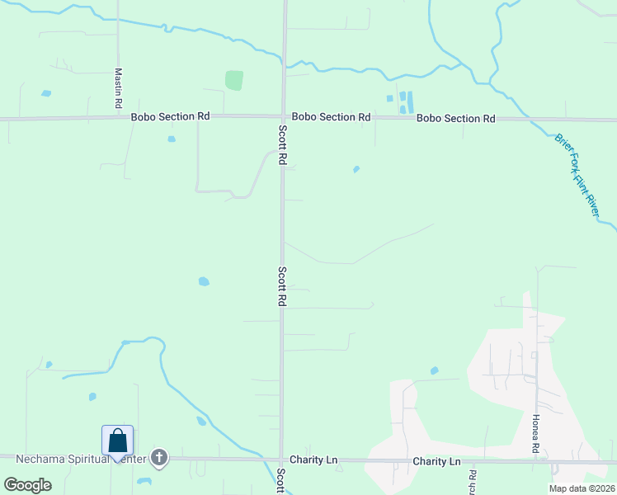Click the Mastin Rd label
[x=119, y=88]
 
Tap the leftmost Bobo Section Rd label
[x=170, y=117]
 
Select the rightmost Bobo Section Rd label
[x=455, y=118]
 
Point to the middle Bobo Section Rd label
[x=331, y=117]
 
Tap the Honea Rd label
[x=535, y=434]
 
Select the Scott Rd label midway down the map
[x=282, y=286]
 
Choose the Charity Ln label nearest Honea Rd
[x=436, y=461]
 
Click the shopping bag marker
[x=118, y=441]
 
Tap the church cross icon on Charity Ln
[x=158, y=457]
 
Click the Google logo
[x=27, y=485]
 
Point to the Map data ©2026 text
[x=581, y=488]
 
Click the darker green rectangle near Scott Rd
[x=234, y=80]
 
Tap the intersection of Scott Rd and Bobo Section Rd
[x=284, y=117]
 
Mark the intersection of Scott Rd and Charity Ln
[x=282, y=460]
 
